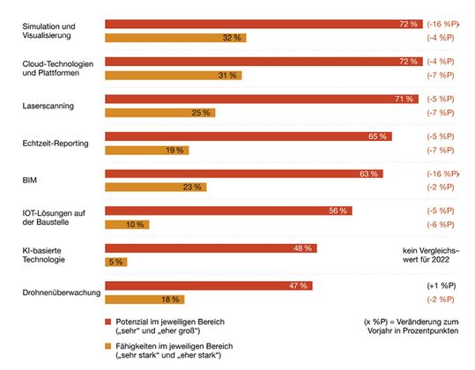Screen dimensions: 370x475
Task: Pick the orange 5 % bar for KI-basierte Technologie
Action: click(x=116, y=262)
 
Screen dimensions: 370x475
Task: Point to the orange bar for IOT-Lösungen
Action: click(x=127, y=225)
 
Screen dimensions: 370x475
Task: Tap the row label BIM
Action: click(x=28, y=180)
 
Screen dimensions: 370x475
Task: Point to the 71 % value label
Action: click(x=405, y=99)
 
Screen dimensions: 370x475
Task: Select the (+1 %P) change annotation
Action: click(x=442, y=286)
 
